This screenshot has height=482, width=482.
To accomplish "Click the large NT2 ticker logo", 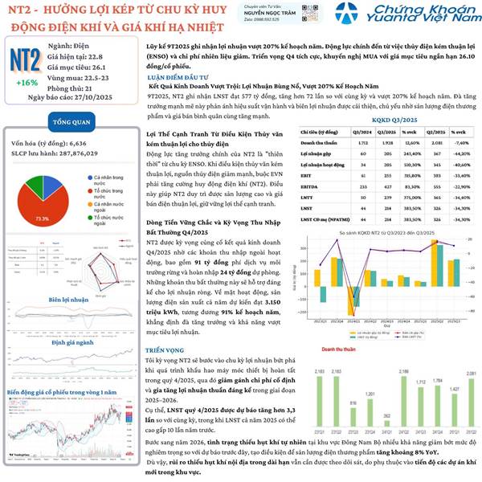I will click(26, 61).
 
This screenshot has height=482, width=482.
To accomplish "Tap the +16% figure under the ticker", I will click(26, 83).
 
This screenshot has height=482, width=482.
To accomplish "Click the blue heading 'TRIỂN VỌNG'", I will click(165, 329).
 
